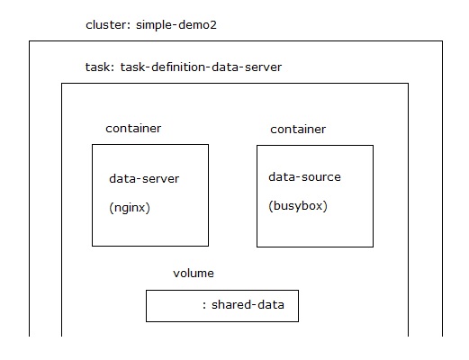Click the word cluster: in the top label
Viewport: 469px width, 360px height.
(x=108, y=24)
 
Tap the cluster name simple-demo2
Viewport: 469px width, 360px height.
(x=176, y=25)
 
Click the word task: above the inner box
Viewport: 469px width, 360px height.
(x=100, y=67)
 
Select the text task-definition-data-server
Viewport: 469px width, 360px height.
(x=201, y=67)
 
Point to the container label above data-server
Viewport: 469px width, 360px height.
(x=133, y=129)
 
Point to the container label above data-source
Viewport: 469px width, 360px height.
(x=298, y=130)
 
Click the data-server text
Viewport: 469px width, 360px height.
(x=144, y=178)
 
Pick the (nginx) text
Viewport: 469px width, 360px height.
(x=130, y=208)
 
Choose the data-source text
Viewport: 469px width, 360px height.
(x=304, y=176)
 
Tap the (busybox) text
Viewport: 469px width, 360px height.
(x=298, y=206)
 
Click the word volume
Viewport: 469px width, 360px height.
(x=194, y=273)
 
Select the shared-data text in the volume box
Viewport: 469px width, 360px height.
(x=248, y=304)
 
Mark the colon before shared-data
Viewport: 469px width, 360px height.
(x=204, y=306)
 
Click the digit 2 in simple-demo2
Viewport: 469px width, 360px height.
(x=213, y=25)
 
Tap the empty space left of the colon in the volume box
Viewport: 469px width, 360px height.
(x=174, y=306)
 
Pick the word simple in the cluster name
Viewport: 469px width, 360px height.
(x=154, y=25)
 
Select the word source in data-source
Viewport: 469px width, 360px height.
(x=321, y=177)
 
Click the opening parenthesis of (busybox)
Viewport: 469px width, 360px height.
(x=271, y=206)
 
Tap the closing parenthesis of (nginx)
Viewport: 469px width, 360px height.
(x=148, y=208)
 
